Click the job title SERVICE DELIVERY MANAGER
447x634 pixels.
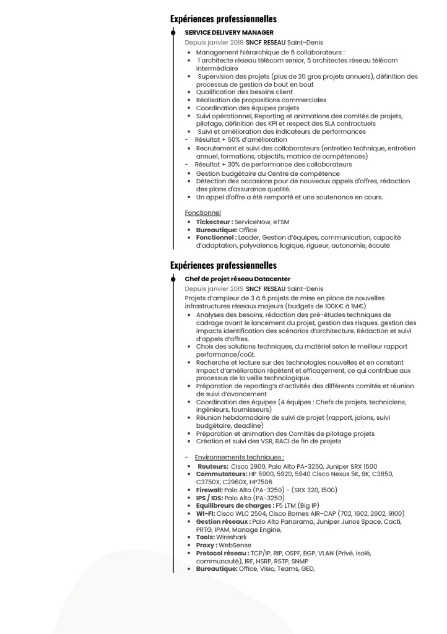coord(229,33)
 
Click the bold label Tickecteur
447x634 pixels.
coord(214,222)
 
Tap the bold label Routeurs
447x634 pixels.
coord(213,466)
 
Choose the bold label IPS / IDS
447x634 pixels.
coord(209,498)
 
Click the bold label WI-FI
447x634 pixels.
coord(205,513)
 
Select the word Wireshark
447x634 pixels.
coord(232,537)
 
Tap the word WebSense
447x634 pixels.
coord(236,545)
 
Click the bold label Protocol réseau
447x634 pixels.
coord(222,553)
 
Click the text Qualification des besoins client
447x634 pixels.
coord(245,92)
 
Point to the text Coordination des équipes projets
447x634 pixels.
coord(248,108)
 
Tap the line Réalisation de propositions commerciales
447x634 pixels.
coord(261,100)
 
